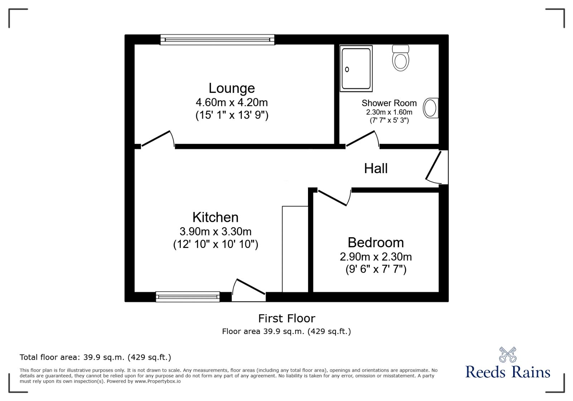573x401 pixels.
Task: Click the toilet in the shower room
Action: [x=400, y=58]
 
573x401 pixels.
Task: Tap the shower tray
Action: [x=356, y=68]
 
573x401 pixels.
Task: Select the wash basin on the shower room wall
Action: [x=431, y=108]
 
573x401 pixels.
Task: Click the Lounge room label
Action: [x=232, y=88]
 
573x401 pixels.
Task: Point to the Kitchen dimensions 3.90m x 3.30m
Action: [x=215, y=231]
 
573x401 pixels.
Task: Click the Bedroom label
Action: [x=376, y=243]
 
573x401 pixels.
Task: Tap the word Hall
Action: [x=376, y=168]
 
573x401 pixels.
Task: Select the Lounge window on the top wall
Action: [x=217, y=39]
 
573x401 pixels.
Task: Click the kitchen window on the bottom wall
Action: [x=188, y=296]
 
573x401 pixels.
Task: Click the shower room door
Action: [x=361, y=139]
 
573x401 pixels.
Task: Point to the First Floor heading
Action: [x=286, y=318]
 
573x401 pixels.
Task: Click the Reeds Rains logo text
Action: [x=507, y=372]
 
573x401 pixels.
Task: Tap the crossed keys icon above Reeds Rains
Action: [x=507, y=354]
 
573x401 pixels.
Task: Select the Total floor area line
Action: [x=95, y=357]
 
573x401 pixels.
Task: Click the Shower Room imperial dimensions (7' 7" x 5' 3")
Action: [x=389, y=120]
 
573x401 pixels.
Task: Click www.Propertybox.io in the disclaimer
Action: [x=158, y=381]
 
